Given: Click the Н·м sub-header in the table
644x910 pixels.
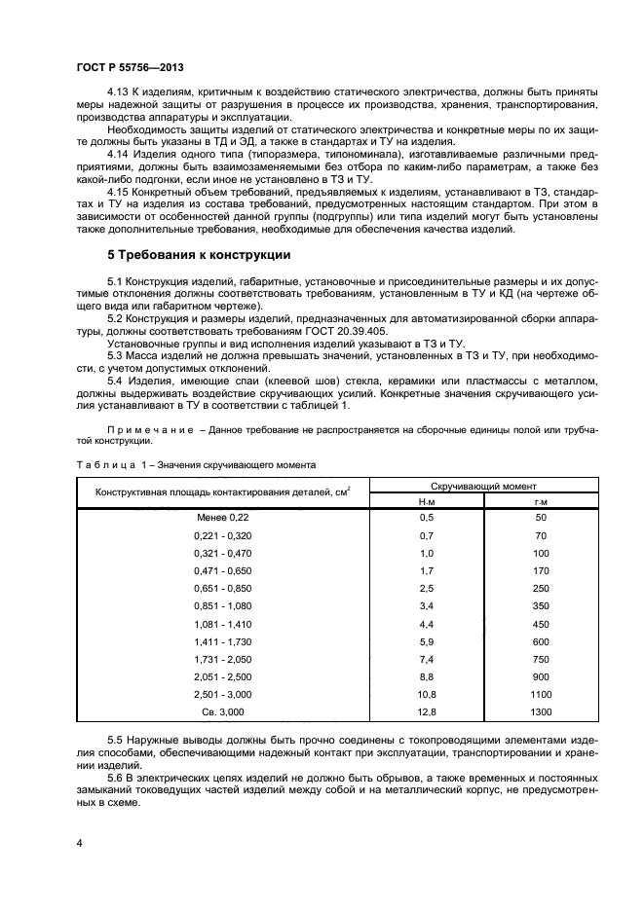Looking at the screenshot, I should (425, 500).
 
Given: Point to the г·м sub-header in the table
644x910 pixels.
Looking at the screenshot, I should (542, 500).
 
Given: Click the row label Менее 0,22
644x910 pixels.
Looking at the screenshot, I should (222, 518).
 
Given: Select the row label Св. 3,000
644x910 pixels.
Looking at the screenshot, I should (222, 711).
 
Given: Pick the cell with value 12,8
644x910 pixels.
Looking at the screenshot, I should (425, 711).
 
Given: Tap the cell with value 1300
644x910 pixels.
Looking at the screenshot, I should (542, 711).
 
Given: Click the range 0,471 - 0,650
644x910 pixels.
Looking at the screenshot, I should (222, 571).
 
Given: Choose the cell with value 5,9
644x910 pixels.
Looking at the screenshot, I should (425, 641).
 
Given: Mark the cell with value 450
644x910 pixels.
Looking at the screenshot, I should (542, 624).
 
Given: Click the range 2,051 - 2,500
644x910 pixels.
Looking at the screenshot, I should (222, 676).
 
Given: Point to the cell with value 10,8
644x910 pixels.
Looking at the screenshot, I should (425, 694).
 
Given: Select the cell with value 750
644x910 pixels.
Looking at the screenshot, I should (542, 659).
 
